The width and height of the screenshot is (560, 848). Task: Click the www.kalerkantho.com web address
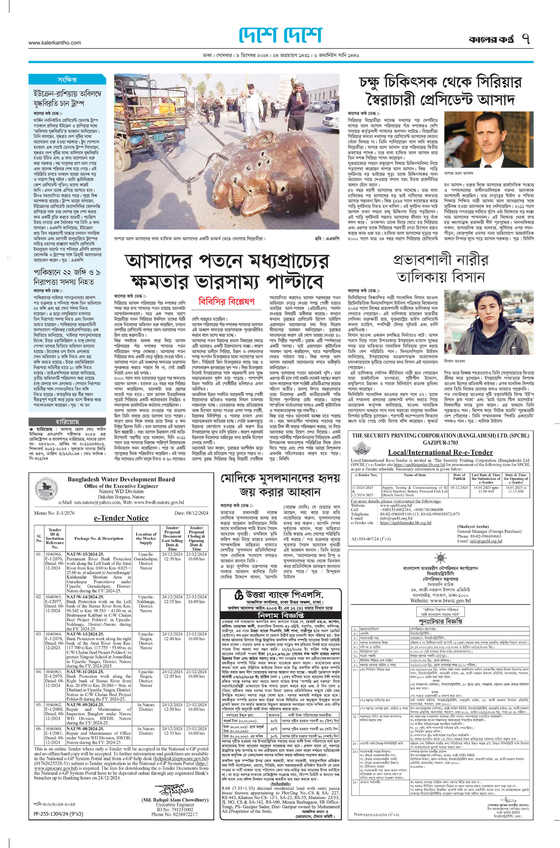point(55,43)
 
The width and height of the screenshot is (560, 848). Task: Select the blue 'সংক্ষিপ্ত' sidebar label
point(67,79)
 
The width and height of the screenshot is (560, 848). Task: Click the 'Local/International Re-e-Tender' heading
point(440,452)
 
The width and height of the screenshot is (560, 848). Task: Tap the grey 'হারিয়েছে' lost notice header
point(67,422)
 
